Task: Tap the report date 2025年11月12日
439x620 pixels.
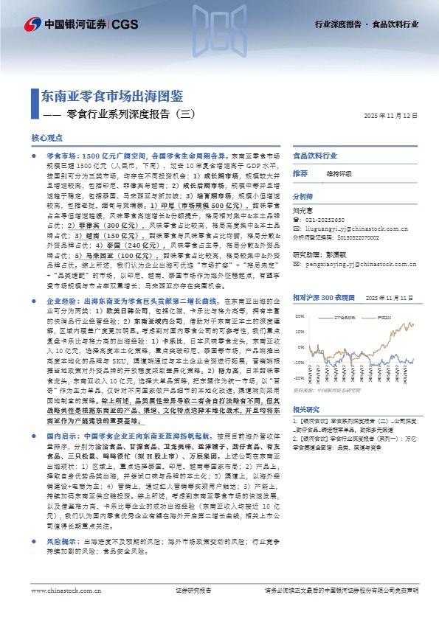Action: click(x=390, y=116)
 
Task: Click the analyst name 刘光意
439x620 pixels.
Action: click(x=303, y=209)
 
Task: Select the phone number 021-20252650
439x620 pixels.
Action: click(x=328, y=220)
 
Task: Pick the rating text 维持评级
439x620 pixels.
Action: click(x=337, y=173)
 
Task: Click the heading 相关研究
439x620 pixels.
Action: click(x=305, y=429)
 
